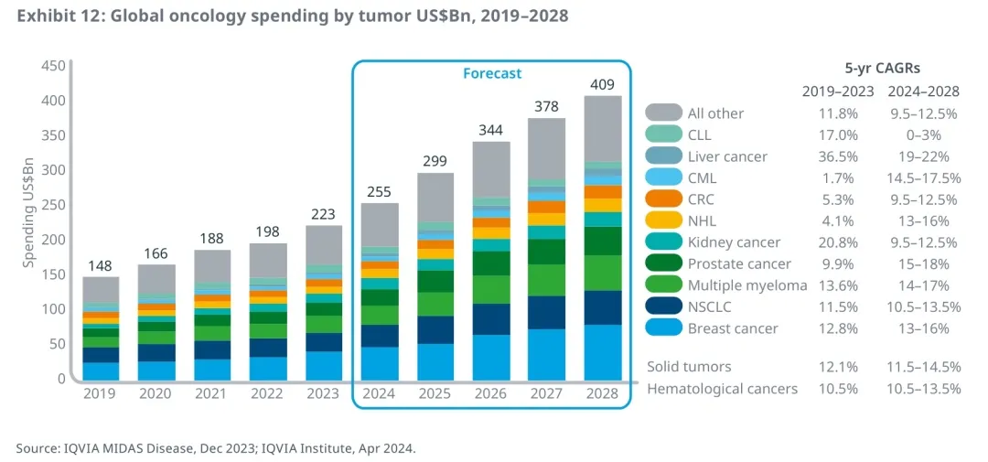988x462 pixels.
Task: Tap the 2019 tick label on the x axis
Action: point(101,394)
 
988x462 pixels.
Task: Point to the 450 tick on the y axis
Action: point(54,66)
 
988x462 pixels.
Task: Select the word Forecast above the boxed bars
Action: point(492,73)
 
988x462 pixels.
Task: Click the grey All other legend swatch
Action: point(663,113)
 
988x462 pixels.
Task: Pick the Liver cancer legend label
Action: point(727,156)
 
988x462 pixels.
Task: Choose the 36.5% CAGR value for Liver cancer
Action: point(838,156)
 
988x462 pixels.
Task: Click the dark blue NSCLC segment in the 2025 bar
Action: point(435,329)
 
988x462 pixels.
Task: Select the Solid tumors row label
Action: point(689,366)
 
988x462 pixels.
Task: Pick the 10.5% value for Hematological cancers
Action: point(838,389)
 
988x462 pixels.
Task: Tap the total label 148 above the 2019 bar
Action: point(101,265)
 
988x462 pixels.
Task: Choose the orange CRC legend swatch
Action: point(663,199)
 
